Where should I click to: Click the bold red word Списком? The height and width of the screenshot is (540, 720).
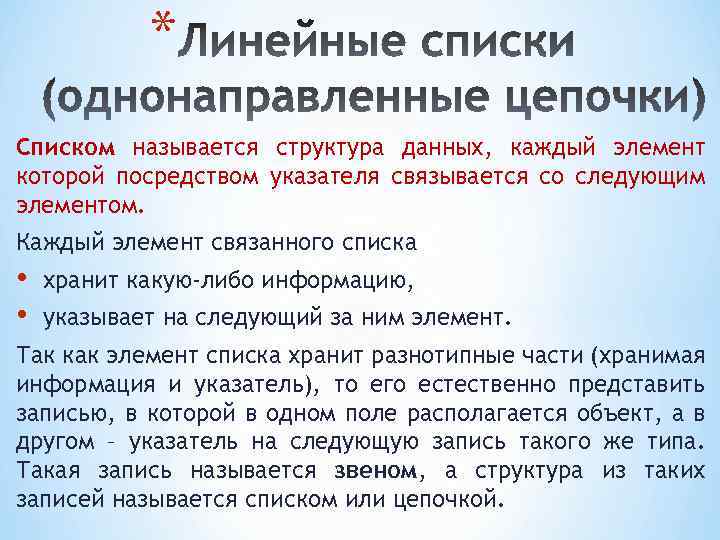click(65, 149)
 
